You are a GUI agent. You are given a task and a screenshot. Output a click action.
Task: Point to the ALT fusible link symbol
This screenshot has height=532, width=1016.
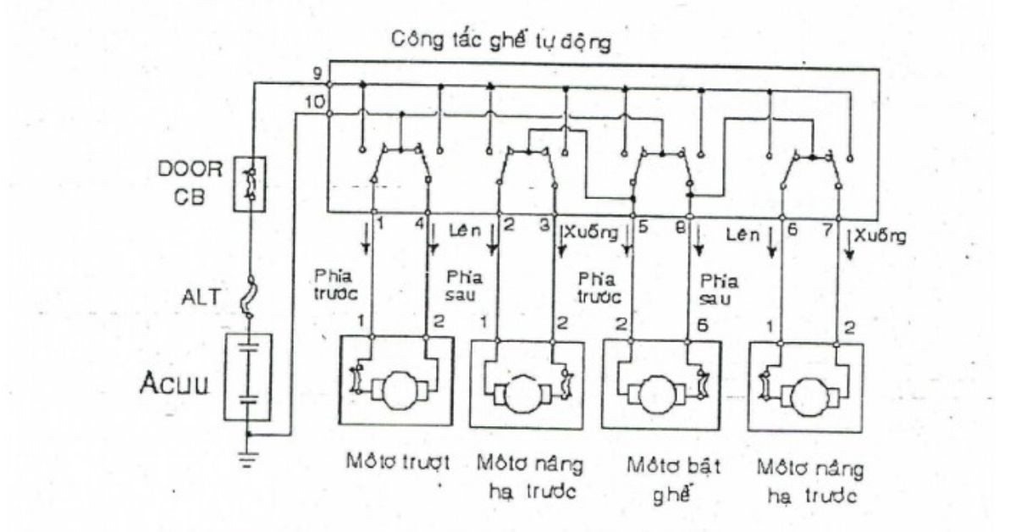pos(249,297)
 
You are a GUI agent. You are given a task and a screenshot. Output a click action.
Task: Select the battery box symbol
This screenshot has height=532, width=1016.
pos(248,376)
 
